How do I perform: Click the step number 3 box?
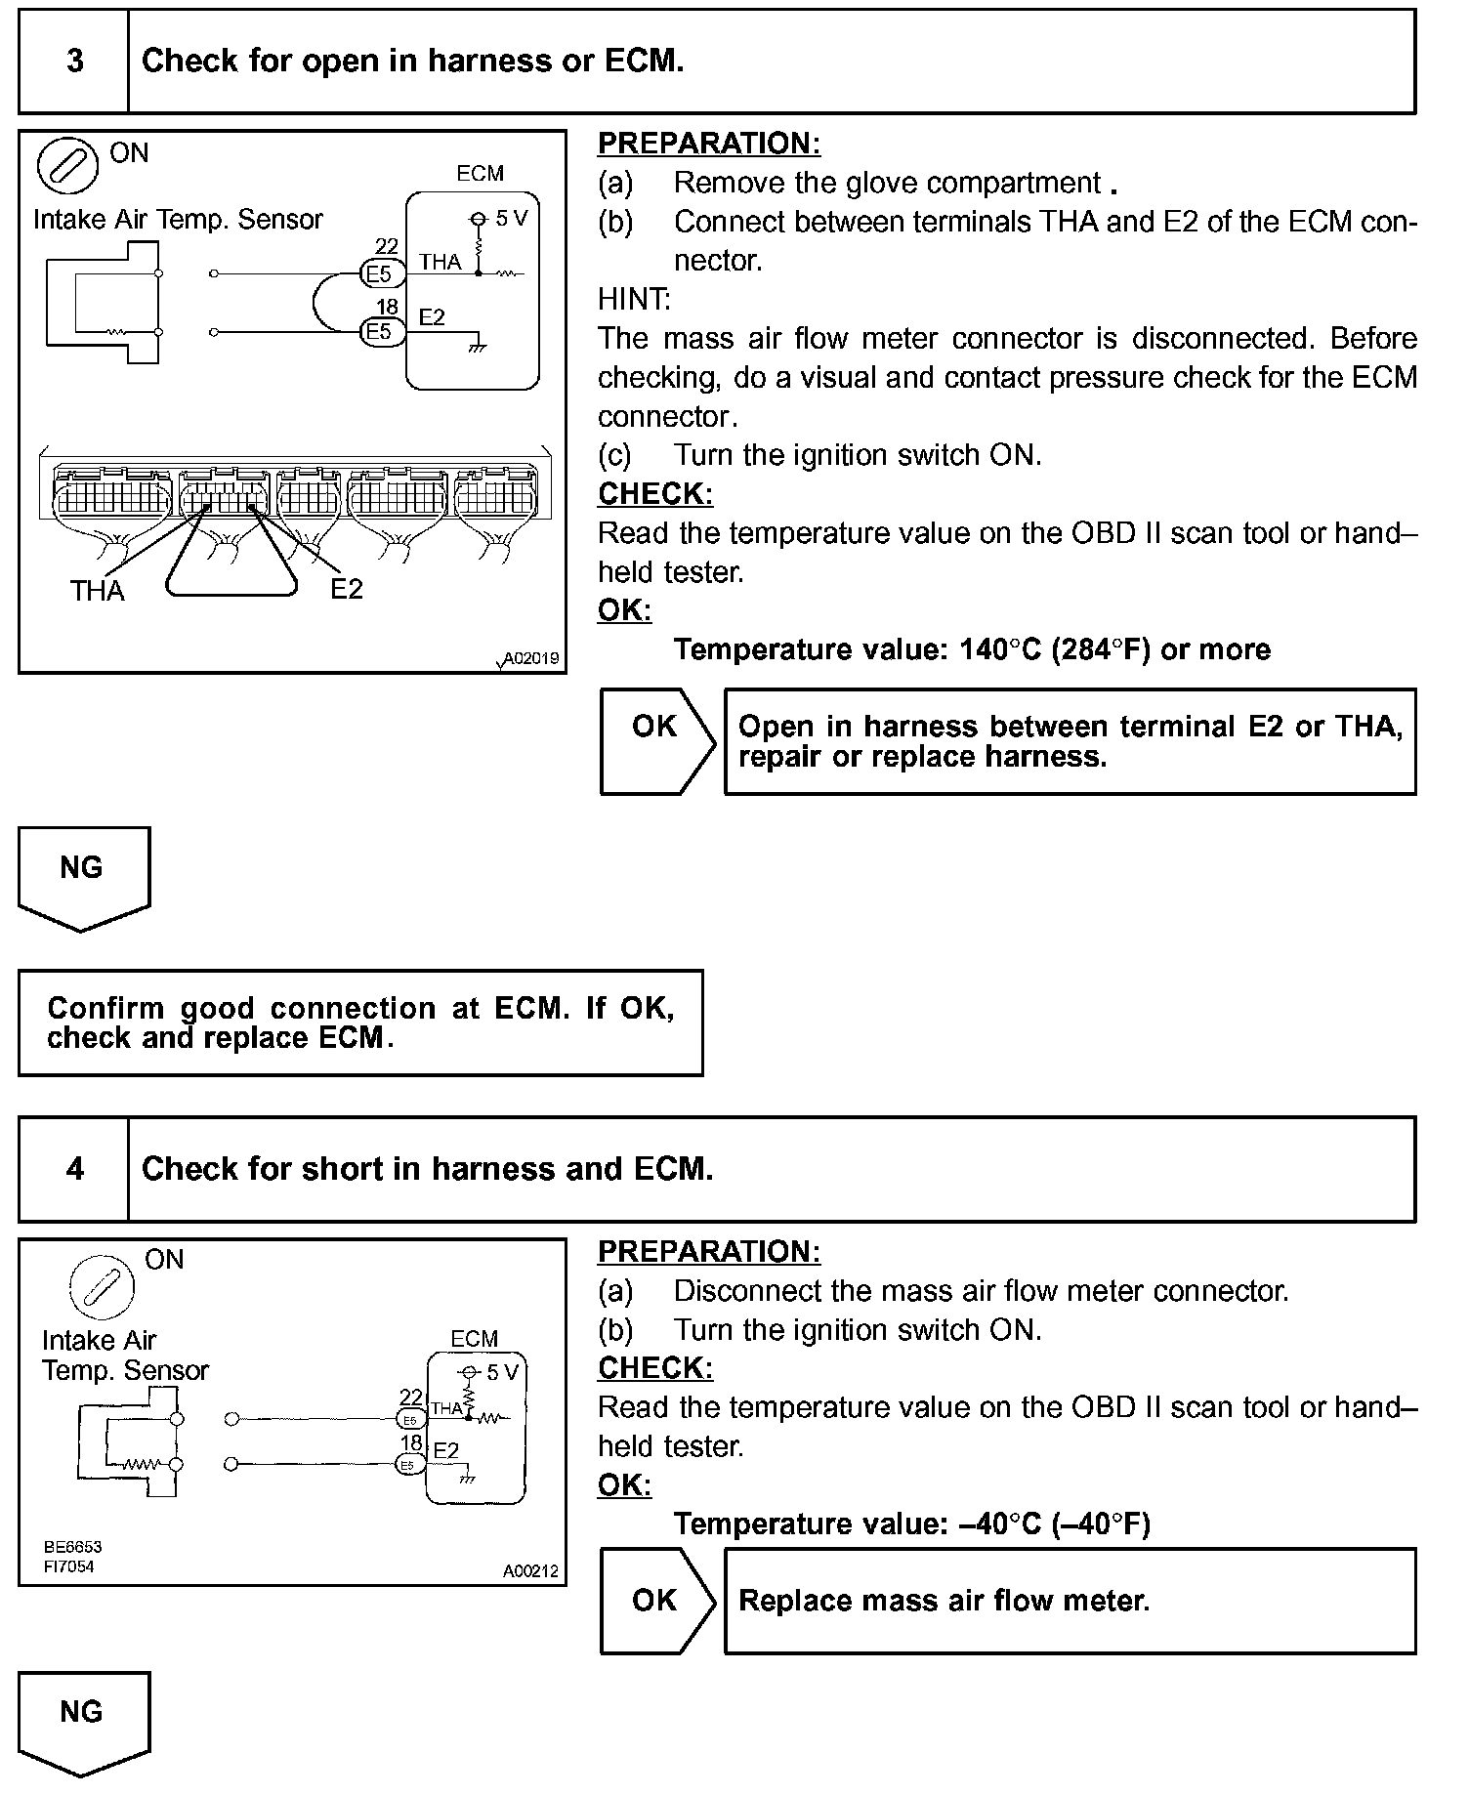[x=74, y=62]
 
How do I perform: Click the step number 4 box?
[x=74, y=1169]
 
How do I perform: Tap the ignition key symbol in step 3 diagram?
[x=67, y=166]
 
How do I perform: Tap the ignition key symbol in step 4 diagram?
[x=102, y=1285]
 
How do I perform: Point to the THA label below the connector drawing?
[x=97, y=591]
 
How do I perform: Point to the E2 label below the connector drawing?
[x=346, y=589]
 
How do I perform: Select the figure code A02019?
[x=529, y=658]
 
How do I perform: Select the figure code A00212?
[x=530, y=1571]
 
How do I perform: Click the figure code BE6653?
[x=72, y=1547]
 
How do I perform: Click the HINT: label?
[x=634, y=299]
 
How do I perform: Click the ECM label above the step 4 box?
[x=474, y=1339]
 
